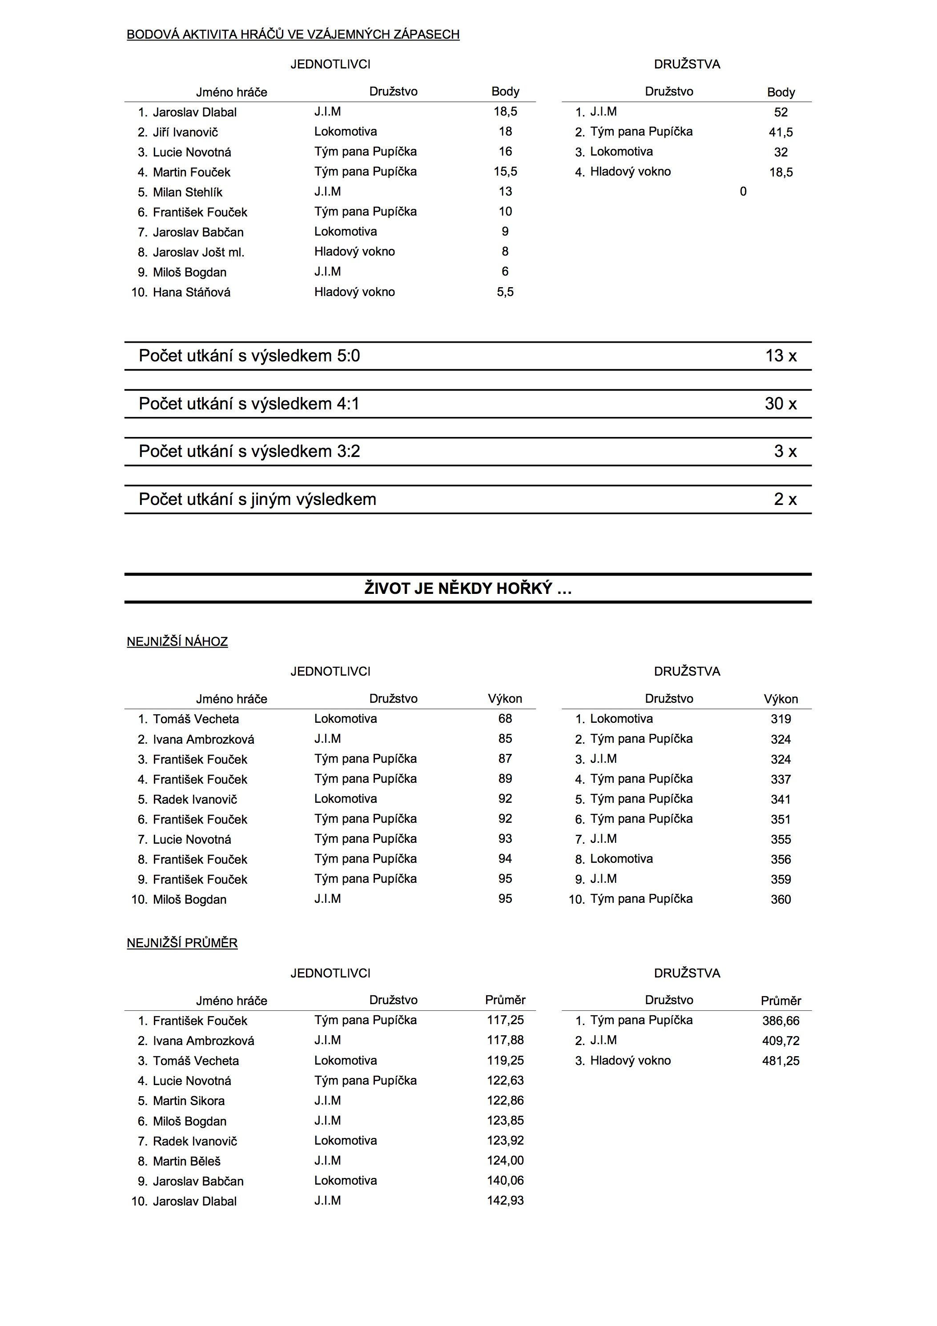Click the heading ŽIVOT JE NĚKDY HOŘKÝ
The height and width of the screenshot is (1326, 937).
point(468,589)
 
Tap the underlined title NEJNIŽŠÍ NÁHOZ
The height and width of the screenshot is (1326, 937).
point(177,641)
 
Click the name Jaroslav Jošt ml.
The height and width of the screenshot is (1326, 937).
point(198,252)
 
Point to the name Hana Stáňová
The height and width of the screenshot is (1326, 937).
point(191,292)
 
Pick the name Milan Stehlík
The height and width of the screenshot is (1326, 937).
point(187,192)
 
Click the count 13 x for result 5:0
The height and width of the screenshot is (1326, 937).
point(780,356)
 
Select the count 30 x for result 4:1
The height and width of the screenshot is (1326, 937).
point(780,404)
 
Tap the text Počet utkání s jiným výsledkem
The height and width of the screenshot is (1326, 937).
point(257,499)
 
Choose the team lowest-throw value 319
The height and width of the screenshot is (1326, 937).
point(780,719)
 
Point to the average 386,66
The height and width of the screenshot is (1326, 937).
point(780,1021)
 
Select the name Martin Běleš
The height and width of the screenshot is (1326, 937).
point(187,1161)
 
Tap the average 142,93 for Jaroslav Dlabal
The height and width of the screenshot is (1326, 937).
point(505,1200)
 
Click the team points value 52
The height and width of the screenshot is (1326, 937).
point(780,112)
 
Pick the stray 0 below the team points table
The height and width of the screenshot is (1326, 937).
point(743,192)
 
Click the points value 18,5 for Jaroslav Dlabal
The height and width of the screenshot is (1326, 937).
point(505,112)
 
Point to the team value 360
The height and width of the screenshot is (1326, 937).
point(780,899)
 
